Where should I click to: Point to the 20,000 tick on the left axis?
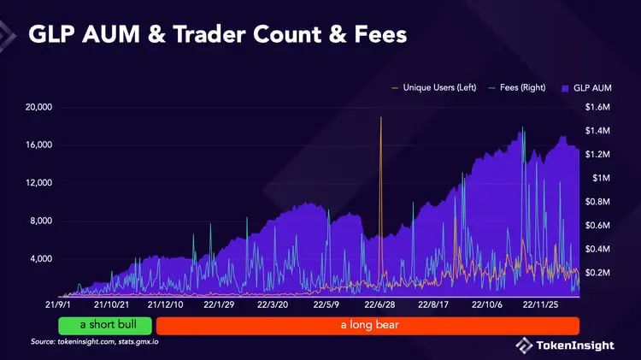pyautogui.click(x=37, y=107)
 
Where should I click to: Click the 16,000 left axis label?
pyautogui.click(x=37, y=145)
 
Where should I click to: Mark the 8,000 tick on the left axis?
pyautogui.click(x=40, y=221)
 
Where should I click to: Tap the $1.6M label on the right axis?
pyautogui.click(x=597, y=107)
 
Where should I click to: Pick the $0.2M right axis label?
pyautogui.click(x=597, y=272)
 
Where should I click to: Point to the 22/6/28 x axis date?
pyautogui.click(x=379, y=304)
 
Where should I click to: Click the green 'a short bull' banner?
pyautogui.click(x=105, y=326)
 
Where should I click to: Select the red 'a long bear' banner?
pyautogui.click(x=368, y=326)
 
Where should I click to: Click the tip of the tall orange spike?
pyautogui.click(x=380, y=117)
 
